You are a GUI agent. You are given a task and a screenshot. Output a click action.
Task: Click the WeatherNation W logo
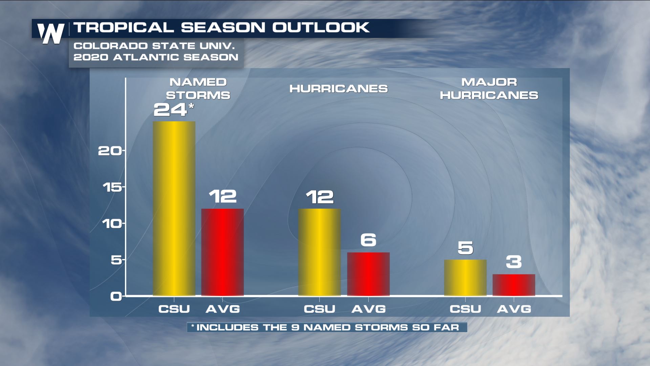51,33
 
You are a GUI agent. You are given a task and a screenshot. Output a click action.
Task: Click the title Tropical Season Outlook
221,27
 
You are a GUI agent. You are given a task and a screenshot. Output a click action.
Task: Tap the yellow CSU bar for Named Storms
174,208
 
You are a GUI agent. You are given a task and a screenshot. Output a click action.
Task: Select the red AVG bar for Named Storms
222,252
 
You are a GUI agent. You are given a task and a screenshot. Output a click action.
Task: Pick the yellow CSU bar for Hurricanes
319,252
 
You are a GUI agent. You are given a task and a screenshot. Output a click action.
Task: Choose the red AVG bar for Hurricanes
368,274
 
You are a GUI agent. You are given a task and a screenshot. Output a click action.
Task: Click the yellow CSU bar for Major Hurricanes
465,278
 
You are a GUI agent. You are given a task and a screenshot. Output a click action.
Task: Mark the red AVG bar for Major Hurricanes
514,285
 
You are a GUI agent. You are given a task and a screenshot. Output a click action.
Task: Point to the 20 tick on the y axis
110,151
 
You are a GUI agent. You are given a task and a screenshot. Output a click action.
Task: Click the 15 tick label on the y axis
112,187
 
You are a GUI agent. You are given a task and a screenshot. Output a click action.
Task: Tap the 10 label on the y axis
112,224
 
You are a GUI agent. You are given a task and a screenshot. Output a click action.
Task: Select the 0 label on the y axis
116,297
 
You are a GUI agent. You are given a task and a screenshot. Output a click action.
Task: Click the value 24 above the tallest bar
170,110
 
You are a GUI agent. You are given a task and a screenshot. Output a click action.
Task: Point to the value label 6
368,240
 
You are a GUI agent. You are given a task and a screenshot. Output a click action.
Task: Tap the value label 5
465,248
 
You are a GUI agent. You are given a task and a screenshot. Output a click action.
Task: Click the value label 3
514,262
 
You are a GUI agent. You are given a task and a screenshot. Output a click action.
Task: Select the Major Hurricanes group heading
489,89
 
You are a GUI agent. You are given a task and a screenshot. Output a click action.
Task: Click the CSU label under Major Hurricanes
465,309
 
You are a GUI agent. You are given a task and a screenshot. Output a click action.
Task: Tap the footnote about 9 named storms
327,327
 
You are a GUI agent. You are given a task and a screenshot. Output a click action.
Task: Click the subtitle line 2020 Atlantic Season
156,57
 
